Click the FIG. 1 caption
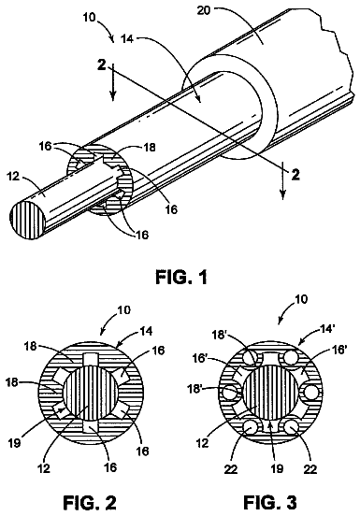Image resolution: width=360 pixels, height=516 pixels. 181,277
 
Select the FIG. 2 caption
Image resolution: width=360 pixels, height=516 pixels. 90,503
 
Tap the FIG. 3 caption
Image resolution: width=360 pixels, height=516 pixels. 270,503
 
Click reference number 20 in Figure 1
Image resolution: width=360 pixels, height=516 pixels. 204,10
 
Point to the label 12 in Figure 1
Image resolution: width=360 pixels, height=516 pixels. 14,177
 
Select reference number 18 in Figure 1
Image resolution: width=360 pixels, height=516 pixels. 149,147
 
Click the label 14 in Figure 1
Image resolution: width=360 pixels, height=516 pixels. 127,39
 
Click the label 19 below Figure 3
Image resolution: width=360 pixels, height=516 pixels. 277,468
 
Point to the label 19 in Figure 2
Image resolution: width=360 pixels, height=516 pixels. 14,442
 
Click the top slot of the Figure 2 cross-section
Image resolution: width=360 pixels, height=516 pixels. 91,360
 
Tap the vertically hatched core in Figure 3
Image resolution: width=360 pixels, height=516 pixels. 270,392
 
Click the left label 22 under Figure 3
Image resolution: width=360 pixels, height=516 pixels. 230,468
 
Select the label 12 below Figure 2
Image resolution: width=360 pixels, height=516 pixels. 43,467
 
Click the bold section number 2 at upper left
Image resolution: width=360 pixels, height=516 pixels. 102,64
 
